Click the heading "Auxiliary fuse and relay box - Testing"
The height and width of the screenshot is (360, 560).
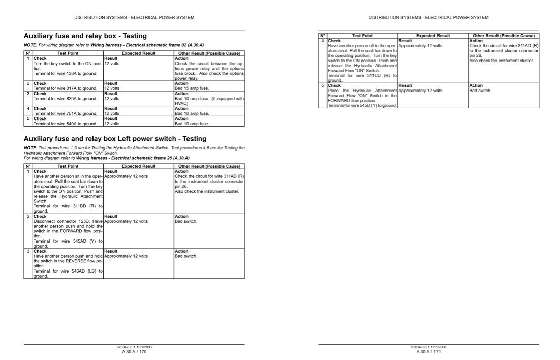pos(85,36)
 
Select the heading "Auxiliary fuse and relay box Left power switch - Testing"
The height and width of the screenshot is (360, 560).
pos(115,139)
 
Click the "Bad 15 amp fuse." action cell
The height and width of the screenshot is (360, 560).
pos(191,88)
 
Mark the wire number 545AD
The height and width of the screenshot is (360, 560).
pos(80,241)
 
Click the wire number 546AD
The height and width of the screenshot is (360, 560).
pos(79,272)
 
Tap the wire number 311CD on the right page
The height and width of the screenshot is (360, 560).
pos(375,75)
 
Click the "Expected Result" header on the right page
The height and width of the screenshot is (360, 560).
pos(433,36)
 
